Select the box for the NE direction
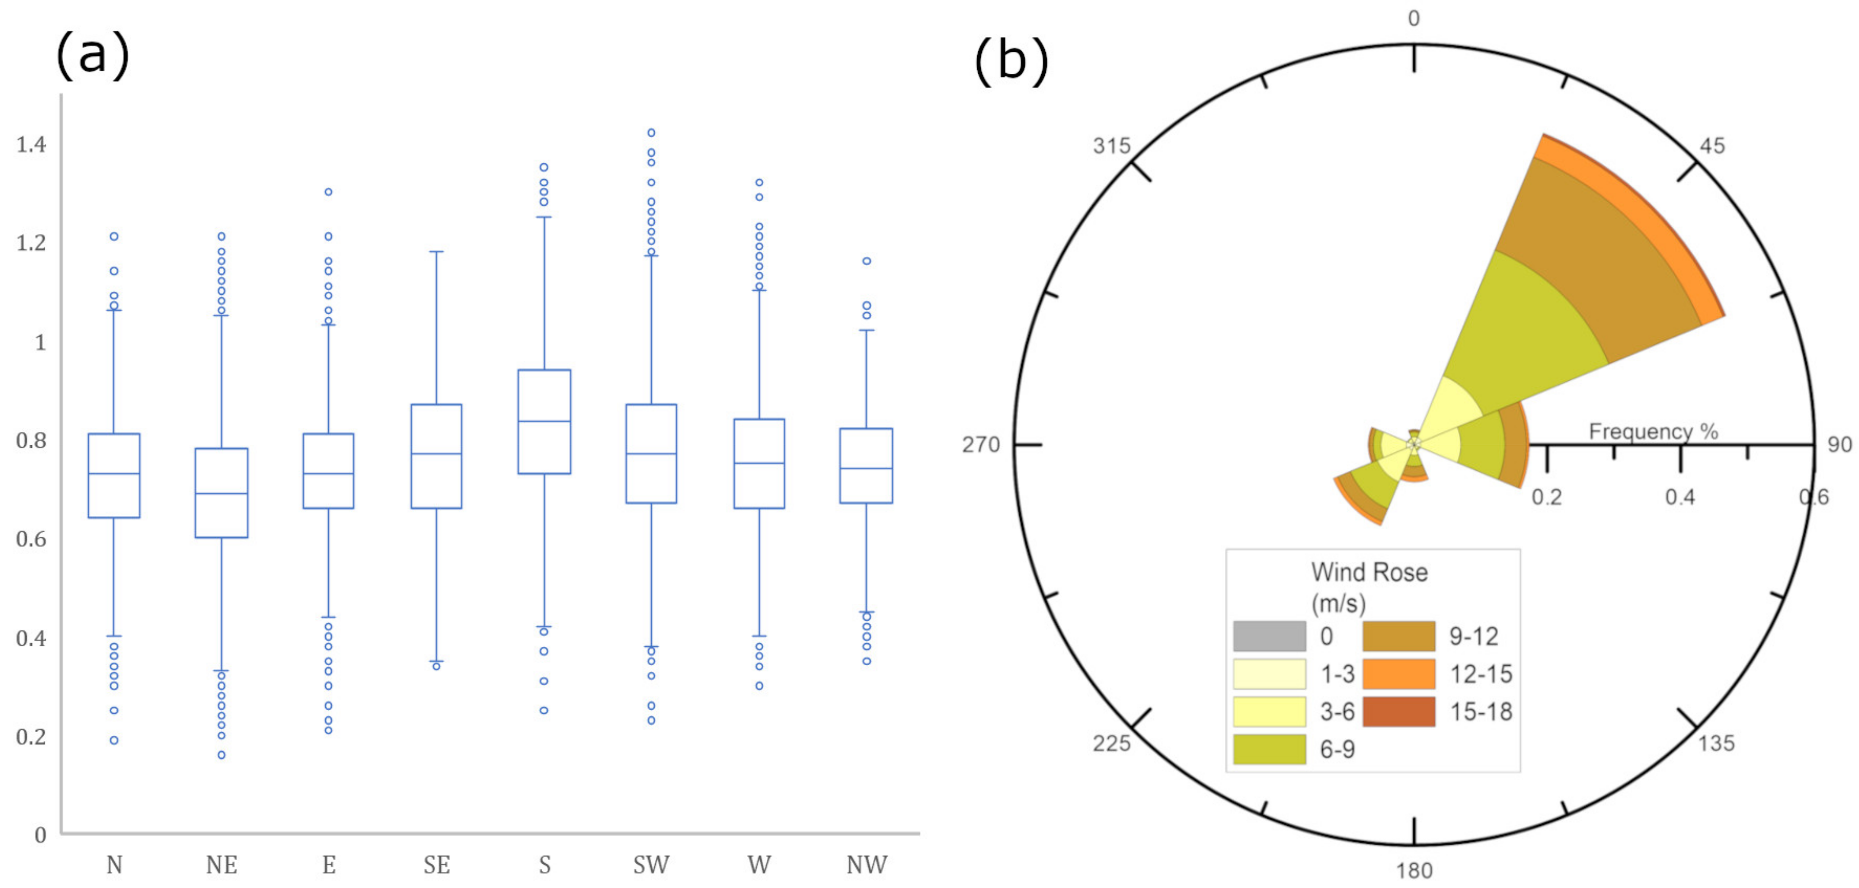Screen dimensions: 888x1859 point(222,493)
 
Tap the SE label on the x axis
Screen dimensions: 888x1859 point(437,864)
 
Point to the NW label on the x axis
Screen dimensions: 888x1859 point(867,864)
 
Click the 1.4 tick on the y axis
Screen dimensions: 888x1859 point(31,145)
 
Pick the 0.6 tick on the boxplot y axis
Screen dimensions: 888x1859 point(31,539)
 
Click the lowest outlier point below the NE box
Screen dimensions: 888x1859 point(222,755)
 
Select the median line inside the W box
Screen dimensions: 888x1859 point(759,463)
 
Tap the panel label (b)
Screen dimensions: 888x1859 point(1011,61)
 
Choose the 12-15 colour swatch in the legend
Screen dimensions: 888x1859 point(1399,674)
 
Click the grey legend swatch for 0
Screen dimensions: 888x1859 point(1270,636)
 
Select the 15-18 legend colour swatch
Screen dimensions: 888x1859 point(1399,711)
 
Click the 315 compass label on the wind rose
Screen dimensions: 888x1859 point(1111,146)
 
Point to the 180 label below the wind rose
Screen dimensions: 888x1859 point(1414,871)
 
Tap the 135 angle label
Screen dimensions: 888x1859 point(1716,743)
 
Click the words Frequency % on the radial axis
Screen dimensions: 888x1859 point(1653,431)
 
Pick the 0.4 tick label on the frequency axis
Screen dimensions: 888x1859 point(1680,497)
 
